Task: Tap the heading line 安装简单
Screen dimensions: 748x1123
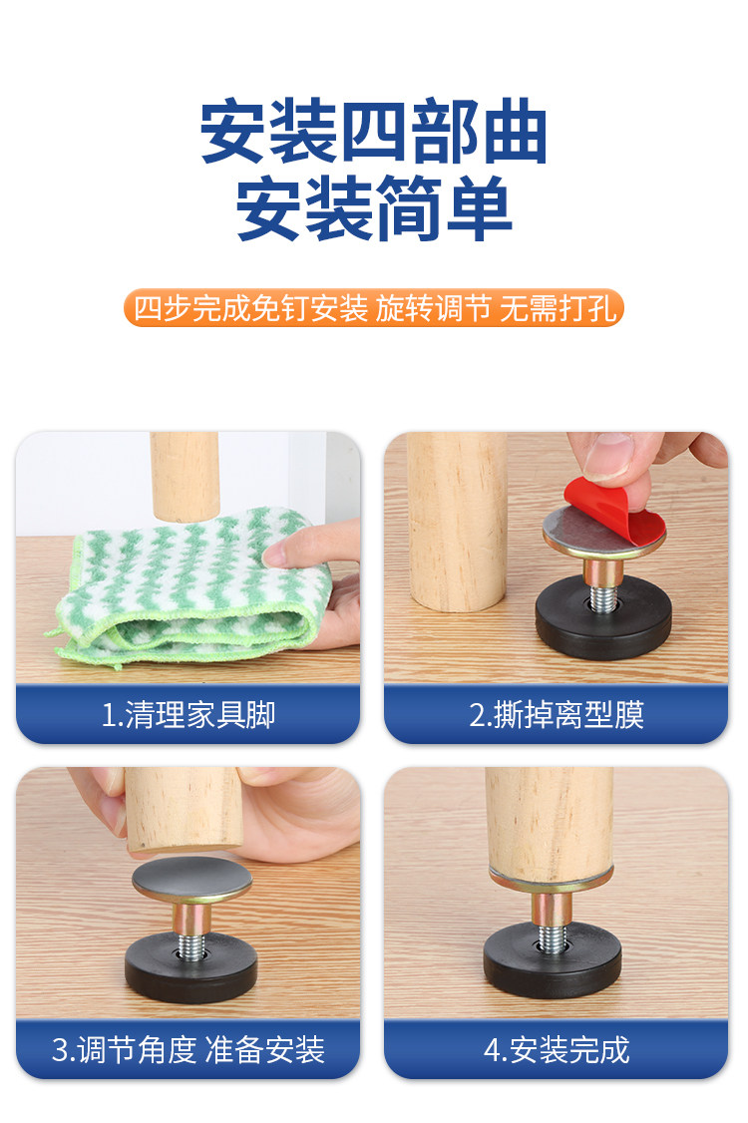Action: coord(373,208)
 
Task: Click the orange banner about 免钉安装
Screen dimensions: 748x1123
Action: coord(373,308)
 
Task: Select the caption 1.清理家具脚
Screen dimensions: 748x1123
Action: coord(187,714)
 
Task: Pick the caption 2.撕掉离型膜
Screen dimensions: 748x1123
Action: coord(556,714)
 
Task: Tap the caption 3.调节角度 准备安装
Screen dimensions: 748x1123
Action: coord(187,1050)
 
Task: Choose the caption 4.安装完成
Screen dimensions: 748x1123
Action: coord(556,1050)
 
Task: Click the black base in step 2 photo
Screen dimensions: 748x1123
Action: coord(603,618)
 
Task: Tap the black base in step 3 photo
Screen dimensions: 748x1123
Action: coord(190,968)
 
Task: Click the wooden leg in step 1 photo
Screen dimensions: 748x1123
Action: coord(185,477)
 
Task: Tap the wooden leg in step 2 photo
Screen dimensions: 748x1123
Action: coord(457,522)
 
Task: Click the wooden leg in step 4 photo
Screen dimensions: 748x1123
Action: coord(550,825)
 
